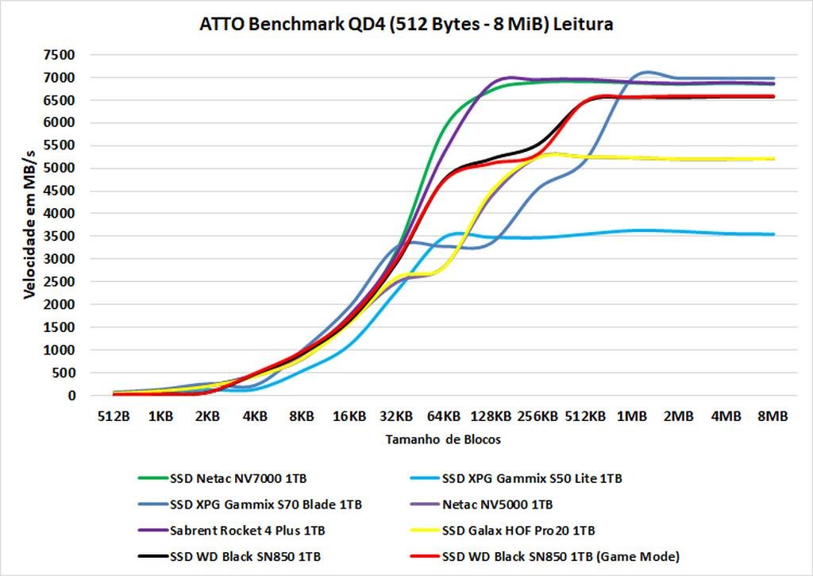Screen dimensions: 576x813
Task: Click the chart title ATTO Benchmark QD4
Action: click(x=406, y=25)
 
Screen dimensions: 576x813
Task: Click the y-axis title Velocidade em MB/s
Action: click(x=29, y=226)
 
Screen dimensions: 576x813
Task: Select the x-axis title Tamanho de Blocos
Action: click(x=443, y=439)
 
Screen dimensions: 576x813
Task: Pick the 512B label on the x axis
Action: click(x=114, y=416)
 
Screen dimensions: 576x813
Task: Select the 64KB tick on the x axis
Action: click(x=443, y=416)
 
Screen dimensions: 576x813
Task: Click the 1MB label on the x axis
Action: click(x=631, y=416)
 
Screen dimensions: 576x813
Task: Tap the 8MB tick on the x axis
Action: click(x=773, y=416)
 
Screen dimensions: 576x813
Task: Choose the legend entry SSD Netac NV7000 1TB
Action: click(x=238, y=479)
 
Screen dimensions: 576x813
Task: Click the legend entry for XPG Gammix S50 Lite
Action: click(x=531, y=479)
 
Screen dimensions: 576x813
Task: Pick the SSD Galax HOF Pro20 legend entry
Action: click(x=518, y=530)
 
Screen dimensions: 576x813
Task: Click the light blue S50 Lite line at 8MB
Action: click(x=773, y=234)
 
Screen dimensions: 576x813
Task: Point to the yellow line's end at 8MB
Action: click(x=773, y=159)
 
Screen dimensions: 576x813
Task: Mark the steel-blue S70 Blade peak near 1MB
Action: click(x=647, y=72)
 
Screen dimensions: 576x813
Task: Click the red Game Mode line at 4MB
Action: click(x=726, y=97)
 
